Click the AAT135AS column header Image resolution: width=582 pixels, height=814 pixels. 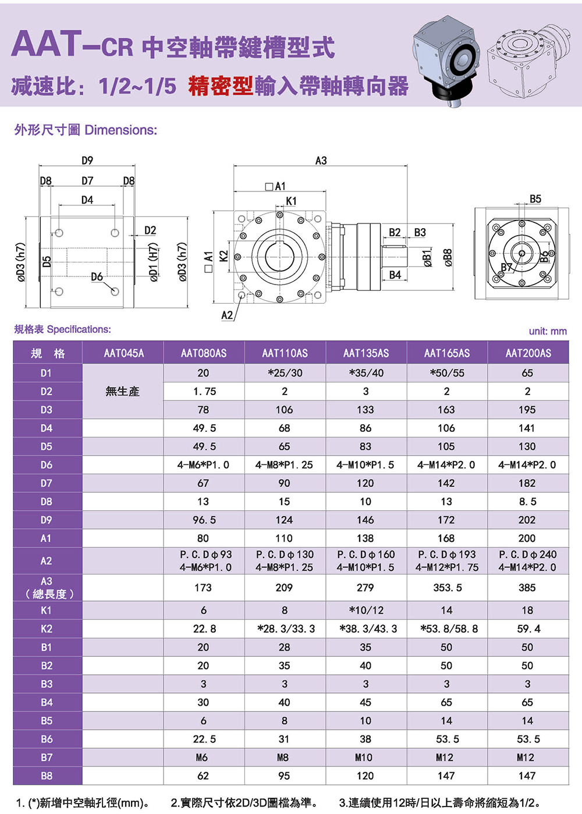point(365,353)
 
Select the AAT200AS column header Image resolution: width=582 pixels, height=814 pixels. point(528,353)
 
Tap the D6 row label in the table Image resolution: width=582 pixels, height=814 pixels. point(47,465)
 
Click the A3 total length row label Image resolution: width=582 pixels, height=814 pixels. point(47,588)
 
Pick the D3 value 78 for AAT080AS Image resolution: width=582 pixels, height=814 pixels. point(203,410)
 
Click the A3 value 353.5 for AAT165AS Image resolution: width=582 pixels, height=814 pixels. point(447,588)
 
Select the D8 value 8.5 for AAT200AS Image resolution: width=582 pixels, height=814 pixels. point(527,502)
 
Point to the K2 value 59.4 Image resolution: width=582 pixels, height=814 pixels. point(528,629)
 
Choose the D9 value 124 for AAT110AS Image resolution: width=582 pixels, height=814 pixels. point(284,520)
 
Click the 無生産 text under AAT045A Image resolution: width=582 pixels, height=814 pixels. point(123,392)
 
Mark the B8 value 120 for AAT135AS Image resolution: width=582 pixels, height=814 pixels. point(365,776)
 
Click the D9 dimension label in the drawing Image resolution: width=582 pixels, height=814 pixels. point(87,161)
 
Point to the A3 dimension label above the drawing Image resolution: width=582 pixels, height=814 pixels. point(321,161)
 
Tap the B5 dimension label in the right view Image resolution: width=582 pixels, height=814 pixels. point(535,199)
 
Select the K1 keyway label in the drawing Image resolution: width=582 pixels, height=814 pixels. point(291,201)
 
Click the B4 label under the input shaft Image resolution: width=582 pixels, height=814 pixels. point(395,275)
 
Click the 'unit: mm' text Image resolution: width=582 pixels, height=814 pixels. point(548,331)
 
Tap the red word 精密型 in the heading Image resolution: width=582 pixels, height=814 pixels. point(221,86)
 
